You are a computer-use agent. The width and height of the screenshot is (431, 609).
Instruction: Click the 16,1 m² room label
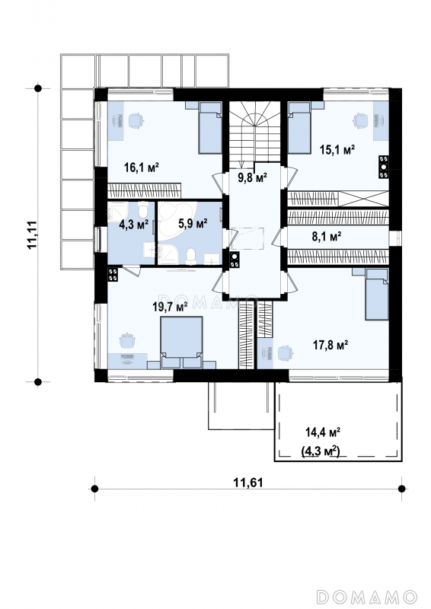click(x=142, y=167)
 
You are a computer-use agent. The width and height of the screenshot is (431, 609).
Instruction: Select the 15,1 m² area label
click(x=337, y=149)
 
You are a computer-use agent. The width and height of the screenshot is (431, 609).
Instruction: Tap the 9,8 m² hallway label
click(x=252, y=178)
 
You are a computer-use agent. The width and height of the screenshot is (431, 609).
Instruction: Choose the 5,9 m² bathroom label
click(x=193, y=223)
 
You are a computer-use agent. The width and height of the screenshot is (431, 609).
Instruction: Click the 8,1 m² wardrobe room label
click(x=327, y=236)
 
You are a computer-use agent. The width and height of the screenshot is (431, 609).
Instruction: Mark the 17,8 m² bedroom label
click(x=330, y=344)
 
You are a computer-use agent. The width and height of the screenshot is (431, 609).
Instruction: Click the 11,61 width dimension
click(x=248, y=483)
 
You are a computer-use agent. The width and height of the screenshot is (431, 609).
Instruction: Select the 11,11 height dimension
click(x=32, y=234)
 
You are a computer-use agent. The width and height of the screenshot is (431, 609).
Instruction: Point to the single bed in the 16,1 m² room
click(x=210, y=127)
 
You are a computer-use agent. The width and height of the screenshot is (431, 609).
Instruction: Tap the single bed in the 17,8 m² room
click(x=377, y=295)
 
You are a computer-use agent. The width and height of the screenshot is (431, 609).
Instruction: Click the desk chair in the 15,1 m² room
click(x=360, y=120)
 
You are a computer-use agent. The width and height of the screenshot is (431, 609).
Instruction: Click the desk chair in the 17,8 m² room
click(x=285, y=353)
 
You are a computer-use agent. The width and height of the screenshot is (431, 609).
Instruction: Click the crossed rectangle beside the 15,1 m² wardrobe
click(x=365, y=199)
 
